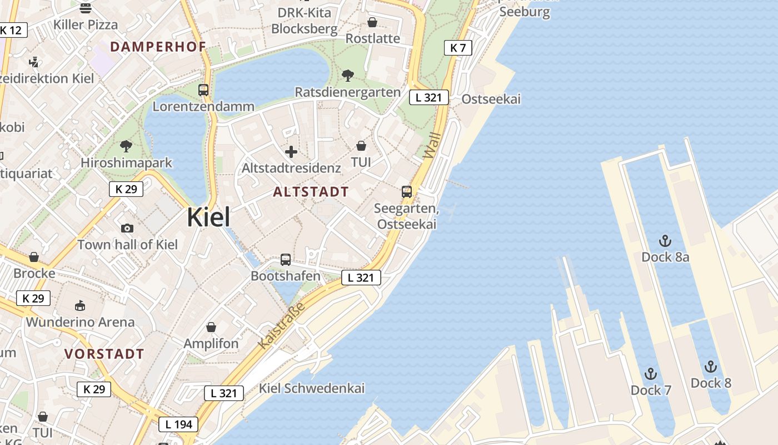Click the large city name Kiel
[208, 217]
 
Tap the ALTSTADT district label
[311, 192]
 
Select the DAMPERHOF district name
[158, 47]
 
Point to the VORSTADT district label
[104, 354]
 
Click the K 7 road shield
[458, 48]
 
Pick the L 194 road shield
[178, 425]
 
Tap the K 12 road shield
[11, 30]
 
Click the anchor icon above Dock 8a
[665, 241]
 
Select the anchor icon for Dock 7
[650, 374]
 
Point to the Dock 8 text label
[711, 383]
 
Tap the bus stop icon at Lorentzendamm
[203, 90]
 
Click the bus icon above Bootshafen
[286, 259]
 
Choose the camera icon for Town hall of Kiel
[127, 228]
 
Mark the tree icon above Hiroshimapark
[126, 146]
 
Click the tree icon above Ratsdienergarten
[348, 75]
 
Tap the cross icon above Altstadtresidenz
[291, 152]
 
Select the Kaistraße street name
[282, 327]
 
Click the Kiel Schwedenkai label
[312, 388]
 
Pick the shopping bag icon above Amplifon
[211, 327]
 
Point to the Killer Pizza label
[86, 24]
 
